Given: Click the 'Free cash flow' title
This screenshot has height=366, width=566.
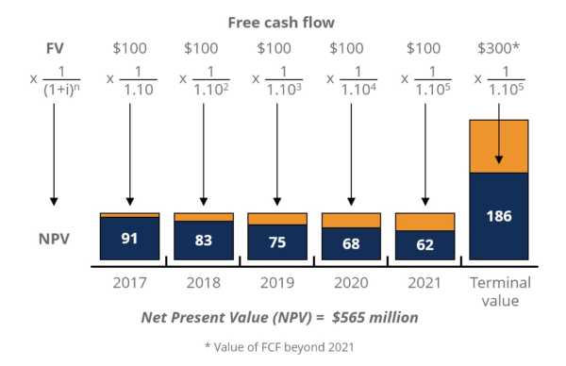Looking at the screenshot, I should [282, 21].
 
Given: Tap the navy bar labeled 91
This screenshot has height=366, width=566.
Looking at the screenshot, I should [128, 239].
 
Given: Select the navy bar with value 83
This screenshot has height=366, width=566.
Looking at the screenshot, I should [203, 240].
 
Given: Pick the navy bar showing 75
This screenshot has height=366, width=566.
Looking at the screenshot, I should [276, 241].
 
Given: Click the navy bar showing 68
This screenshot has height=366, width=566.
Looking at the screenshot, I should [350, 243].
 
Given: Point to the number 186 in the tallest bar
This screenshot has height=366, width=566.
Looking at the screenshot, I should [498, 216].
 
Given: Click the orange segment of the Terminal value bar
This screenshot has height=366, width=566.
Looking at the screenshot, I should [498, 146].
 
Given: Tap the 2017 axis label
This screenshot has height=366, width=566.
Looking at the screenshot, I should [128, 282].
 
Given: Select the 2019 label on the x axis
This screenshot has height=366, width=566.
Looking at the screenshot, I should [276, 282].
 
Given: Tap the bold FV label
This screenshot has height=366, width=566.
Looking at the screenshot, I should [54, 47].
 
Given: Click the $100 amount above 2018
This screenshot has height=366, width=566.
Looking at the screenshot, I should [203, 47].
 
